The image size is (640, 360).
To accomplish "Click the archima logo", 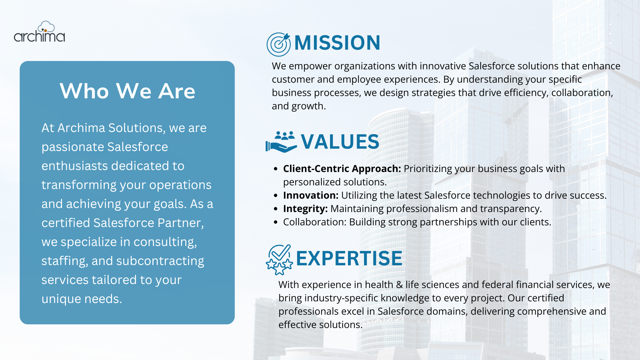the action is (39, 32).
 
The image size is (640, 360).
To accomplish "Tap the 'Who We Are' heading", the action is (127, 91).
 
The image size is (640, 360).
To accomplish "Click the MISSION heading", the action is (337, 43).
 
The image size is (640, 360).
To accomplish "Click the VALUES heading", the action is (340, 141).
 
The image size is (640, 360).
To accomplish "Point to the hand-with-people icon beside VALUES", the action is (281, 142).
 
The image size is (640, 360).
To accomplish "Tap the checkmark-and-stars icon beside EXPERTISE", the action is (279, 260).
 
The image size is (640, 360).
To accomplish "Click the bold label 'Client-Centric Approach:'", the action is (342, 169).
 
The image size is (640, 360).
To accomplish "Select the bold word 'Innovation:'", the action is (311, 195).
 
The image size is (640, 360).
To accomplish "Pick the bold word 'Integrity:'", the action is (305, 209).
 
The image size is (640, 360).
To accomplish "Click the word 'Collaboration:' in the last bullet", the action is (315, 222).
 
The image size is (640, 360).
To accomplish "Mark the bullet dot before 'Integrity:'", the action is (275, 209).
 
